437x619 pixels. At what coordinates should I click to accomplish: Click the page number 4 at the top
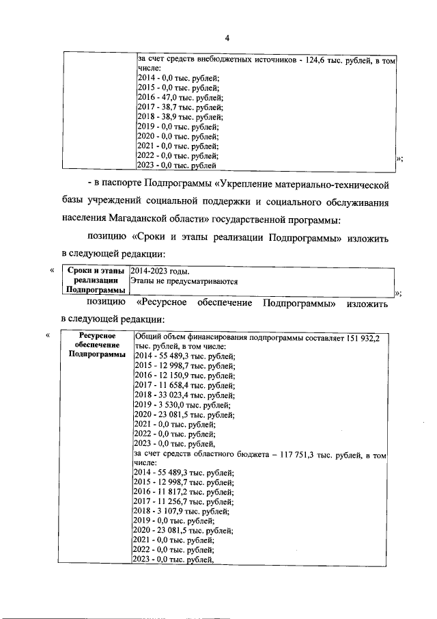pyautogui.click(x=227, y=37)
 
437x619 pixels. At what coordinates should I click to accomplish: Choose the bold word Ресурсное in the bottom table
pyautogui.click(x=96, y=336)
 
